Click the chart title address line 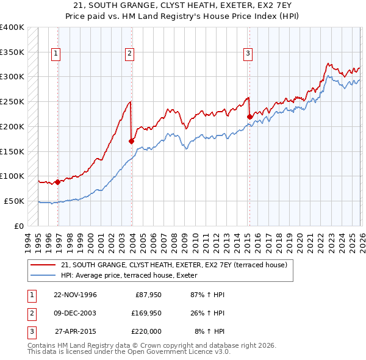pyautogui.click(x=182, y=5)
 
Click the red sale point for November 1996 pyautogui.click(x=57, y=181)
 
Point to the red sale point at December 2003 pyautogui.click(x=132, y=141)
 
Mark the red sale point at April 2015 pyautogui.click(x=249, y=116)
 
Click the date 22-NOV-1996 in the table pyautogui.click(x=75, y=295)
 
